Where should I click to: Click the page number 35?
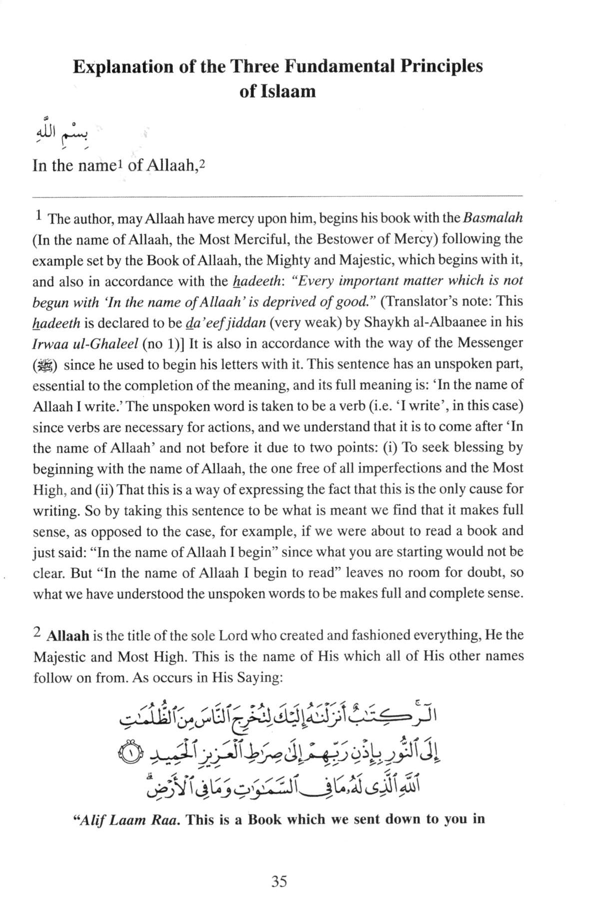point(279,881)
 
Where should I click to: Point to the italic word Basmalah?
point(493,218)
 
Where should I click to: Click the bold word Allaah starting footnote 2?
point(67,636)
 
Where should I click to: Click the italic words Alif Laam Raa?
point(127,820)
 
